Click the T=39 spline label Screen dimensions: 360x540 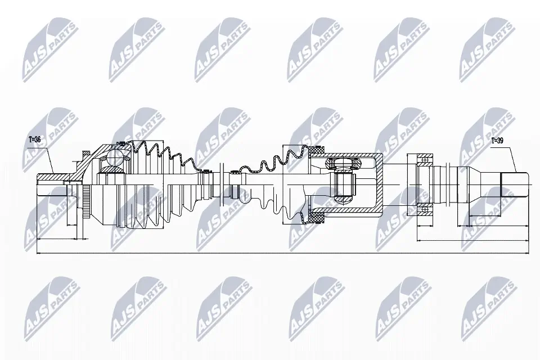497,141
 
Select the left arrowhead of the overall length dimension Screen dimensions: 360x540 38,253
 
